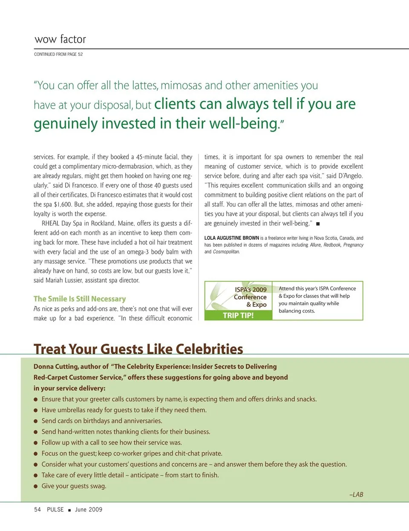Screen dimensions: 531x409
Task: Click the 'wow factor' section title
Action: click(60, 39)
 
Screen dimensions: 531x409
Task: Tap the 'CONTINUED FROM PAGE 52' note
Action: click(58, 55)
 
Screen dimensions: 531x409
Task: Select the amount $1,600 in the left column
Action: click(63, 204)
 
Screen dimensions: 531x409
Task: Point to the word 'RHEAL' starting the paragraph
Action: click(50, 224)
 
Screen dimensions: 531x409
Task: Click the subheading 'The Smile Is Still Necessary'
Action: click(80, 299)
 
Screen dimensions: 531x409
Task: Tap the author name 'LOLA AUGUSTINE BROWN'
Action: click(231, 238)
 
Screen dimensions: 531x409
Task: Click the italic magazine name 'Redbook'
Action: click(332, 245)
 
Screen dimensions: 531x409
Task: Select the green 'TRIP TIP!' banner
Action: click(238, 316)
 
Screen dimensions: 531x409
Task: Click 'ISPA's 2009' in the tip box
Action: click(251, 290)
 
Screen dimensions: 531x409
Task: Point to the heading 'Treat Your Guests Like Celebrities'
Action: click(138, 349)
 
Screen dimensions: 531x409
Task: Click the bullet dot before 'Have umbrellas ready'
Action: click(36, 410)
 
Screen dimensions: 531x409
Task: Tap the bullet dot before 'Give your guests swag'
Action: click(36, 486)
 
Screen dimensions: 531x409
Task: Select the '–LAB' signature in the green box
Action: click(356, 495)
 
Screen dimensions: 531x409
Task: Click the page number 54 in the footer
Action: click(37, 510)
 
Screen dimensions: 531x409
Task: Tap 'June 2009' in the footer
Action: click(89, 510)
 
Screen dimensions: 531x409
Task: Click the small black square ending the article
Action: click(318, 224)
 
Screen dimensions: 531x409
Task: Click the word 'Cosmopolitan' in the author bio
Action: click(226, 252)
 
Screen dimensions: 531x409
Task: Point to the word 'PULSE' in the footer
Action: click(55, 510)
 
